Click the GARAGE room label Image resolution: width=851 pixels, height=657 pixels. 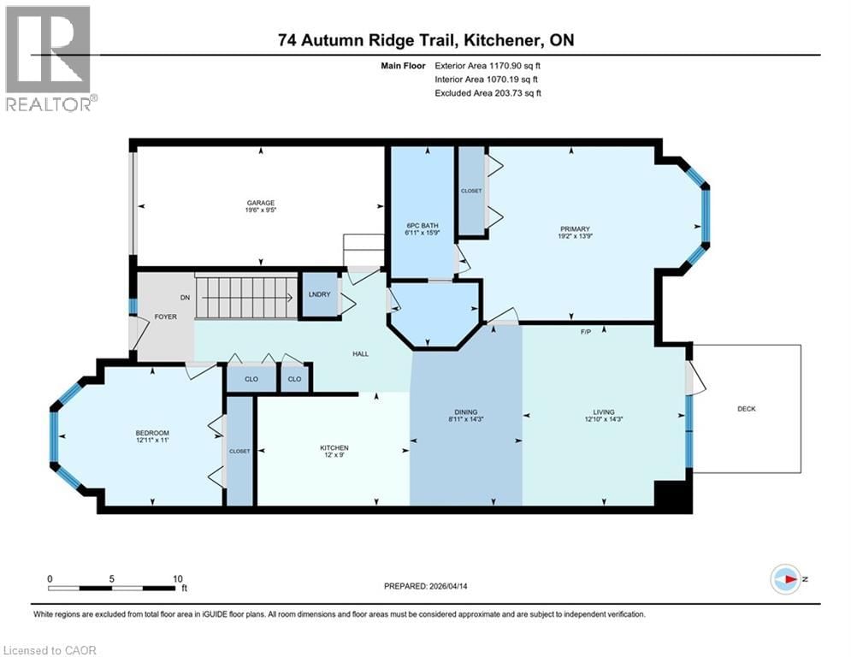point(261,204)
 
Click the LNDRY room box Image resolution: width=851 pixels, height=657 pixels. point(319,295)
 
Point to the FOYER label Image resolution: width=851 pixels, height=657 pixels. point(165,317)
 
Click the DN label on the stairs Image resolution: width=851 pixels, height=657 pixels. point(184,298)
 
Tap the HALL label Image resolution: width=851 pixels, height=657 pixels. point(360,353)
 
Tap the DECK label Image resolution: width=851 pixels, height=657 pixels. point(746,409)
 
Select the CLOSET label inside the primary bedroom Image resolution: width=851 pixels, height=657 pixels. point(471,191)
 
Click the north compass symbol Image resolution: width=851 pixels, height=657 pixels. point(785,578)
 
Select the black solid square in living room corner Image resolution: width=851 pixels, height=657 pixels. point(671,496)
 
